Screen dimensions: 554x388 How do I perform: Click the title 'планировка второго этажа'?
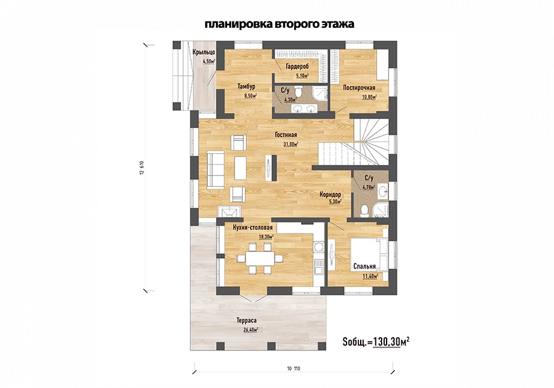(x=279, y=25)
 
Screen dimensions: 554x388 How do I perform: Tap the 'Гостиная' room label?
(x=286, y=135)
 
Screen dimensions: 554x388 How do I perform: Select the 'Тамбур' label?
(x=246, y=87)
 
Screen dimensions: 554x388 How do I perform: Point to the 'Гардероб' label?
(x=297, y=67)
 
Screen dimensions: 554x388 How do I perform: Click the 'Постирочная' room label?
(x=359, y=87)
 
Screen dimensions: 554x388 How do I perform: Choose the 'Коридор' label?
(x=330, y=195)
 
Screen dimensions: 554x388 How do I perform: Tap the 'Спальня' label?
(x=364, y=267)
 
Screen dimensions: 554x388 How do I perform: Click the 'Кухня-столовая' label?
(x=252, y=228)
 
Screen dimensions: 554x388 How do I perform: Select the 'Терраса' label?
(x=247, y=320)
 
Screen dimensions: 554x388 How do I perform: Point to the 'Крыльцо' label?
(x=204, y=52)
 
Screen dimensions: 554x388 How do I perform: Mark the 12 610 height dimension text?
(x=142, y=168)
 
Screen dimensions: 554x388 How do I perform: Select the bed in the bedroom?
(x=369, y=254)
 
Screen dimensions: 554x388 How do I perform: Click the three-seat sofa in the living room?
(x=215, y=168)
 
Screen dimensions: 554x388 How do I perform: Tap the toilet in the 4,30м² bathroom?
(x=299, y=92)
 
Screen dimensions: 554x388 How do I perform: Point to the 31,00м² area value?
(x=291, y=144)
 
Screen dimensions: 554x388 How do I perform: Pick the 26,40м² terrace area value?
(x=251, y=330)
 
